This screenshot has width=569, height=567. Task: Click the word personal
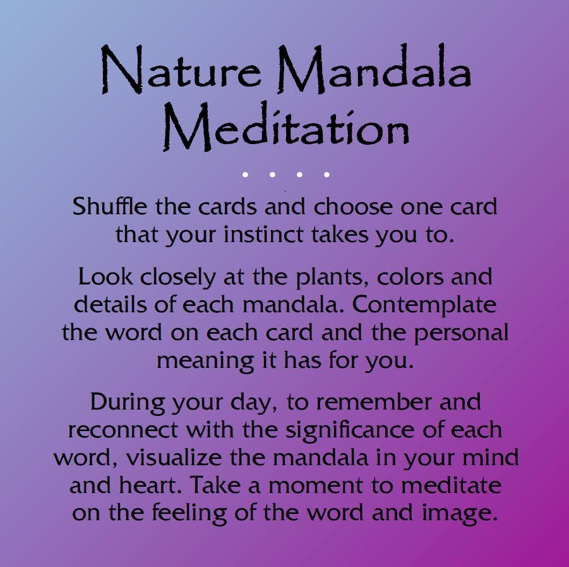click(x=461, y=332)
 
